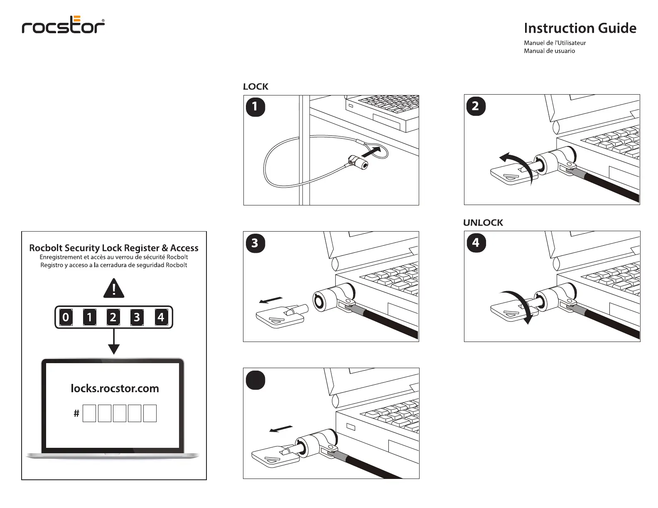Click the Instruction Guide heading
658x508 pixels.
[580, 28]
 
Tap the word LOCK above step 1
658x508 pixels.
[255, 87]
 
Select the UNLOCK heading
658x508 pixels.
[483, 223]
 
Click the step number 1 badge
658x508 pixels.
[255, 107]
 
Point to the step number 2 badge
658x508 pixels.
[476, 106]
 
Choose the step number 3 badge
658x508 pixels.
[255, 243]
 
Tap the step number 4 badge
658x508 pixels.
[476, 243]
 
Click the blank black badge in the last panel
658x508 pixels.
[255, 380]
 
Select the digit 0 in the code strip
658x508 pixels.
[66, 317]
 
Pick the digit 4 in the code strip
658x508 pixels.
[161, 317]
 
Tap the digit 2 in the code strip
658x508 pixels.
[113, 317]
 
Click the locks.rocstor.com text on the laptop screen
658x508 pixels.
[115, 388]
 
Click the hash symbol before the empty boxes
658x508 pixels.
[76, 413]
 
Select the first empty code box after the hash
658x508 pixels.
[89, 413]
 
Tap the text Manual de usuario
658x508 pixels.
[549, 51]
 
